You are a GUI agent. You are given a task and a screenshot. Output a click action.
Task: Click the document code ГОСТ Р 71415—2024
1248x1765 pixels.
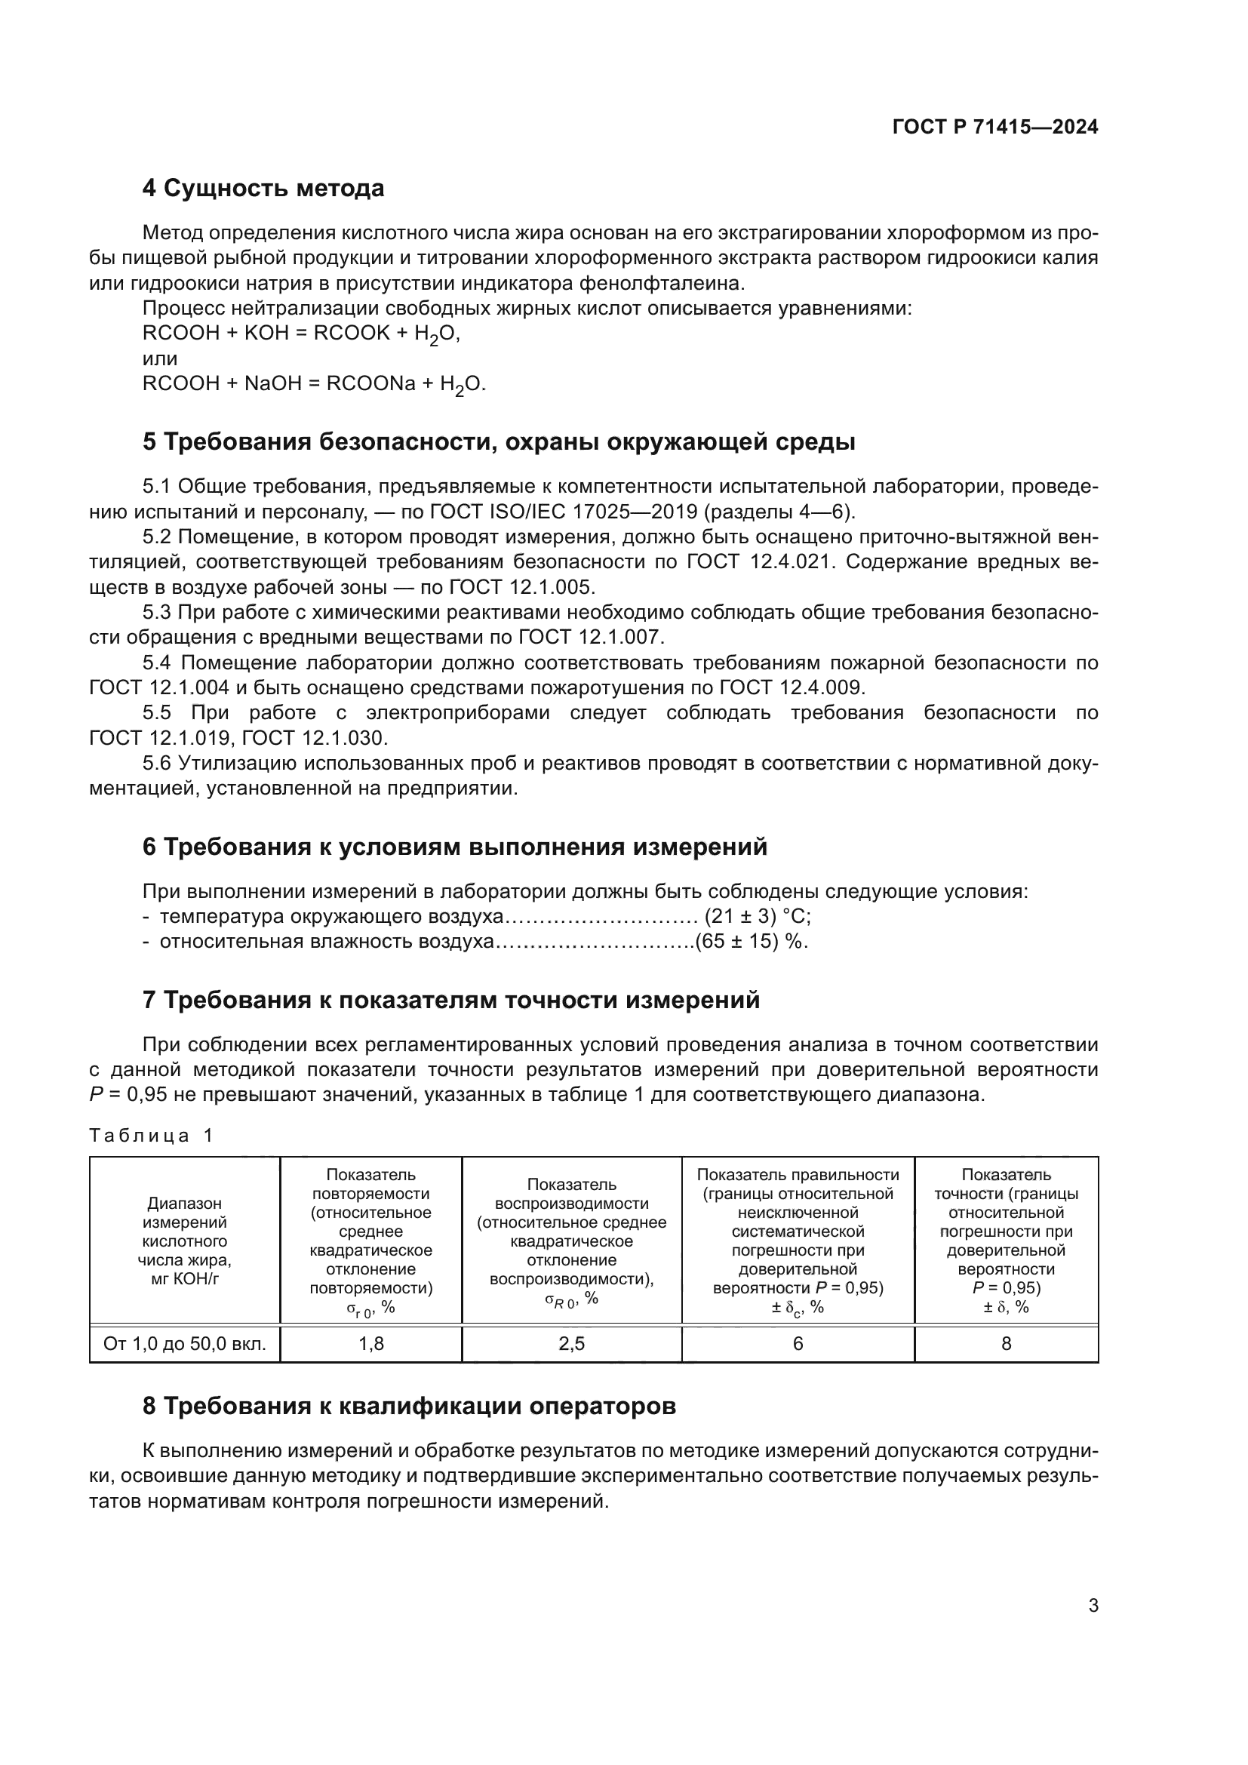click(994, 127)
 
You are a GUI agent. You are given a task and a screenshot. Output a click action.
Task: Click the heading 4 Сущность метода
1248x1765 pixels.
click(263, 189)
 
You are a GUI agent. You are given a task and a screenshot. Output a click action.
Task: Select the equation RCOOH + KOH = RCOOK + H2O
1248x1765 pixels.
click(300, 334)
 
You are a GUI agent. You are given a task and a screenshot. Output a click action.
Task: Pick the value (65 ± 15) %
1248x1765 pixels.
click(751, 942)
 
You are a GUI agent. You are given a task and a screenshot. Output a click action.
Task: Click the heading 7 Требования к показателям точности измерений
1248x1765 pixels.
click(451, 1000)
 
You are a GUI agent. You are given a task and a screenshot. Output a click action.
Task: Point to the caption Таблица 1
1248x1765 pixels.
click(151, 1136)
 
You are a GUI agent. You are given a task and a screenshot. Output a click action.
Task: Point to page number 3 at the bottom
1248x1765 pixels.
click(1093, 1606)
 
